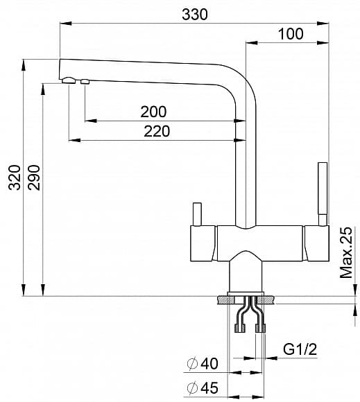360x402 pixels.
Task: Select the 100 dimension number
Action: coord(291,34)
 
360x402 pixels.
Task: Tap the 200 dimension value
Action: coord(153,112)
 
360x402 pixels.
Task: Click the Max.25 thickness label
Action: coord(347,253)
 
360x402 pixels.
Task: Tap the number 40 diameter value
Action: coord(209,363)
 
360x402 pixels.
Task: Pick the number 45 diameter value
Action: coord(209,387)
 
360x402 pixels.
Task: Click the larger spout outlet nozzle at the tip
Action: coord(68,81)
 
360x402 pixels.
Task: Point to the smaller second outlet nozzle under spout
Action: coord(85,82)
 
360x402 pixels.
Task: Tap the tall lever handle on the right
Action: coord(321,191)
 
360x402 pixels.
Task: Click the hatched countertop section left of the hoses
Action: coord(226,300)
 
